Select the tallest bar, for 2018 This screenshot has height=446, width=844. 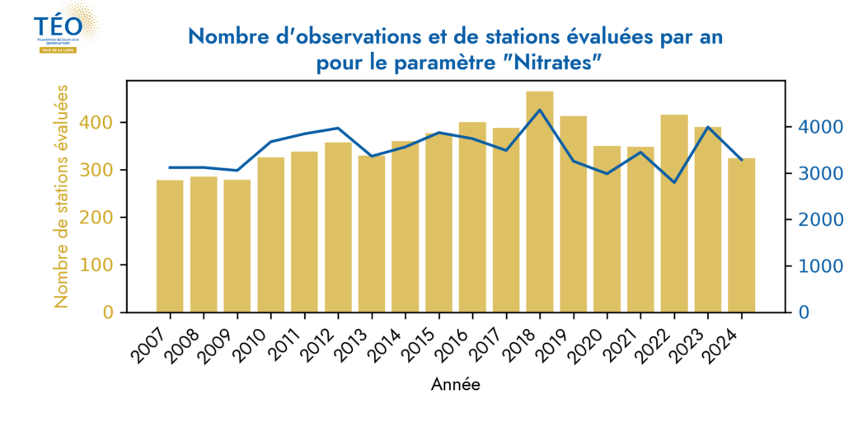(x=540, y=202)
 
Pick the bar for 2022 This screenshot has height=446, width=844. (x=674, y=214)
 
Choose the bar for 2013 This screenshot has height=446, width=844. (x=372, y=234)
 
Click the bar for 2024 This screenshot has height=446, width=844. (x=742, y=235)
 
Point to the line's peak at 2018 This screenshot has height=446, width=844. (x=540, y=110)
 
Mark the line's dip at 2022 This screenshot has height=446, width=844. (x=674, y=182)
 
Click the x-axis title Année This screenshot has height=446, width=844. (x=456, y=384)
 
